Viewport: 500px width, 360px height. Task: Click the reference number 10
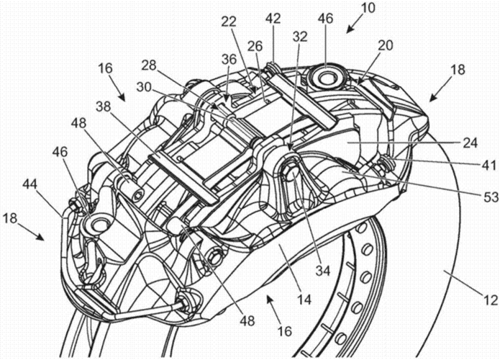(x=368, y=8)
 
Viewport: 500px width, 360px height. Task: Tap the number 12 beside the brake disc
(x=490, y=300)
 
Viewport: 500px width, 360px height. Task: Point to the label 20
(x=385, y=45)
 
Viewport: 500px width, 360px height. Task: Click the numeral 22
(x=229, y=22)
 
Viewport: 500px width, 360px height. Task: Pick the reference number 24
(x=470, y=143)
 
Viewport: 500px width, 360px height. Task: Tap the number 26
(x=255, y=47)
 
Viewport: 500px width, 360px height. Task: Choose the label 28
(x=149, y=66)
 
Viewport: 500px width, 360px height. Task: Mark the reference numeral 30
(x=143, y=87)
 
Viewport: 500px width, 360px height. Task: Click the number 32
(x=299, y=37)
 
